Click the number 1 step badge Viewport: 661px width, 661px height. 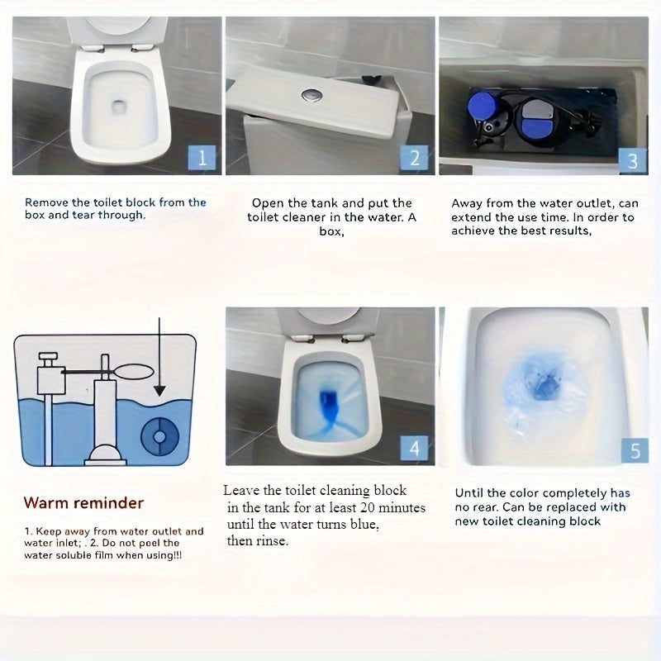[202, 158]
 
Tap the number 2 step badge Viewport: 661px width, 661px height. [415, 158]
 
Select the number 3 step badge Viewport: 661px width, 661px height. [633, 160]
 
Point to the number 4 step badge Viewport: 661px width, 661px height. [415, 448]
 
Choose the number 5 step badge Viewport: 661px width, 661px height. [635, 450]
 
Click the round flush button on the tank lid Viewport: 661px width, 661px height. [312, 95]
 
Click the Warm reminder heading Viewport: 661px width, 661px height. [83, 503]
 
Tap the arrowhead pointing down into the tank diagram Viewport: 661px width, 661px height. [159, 391]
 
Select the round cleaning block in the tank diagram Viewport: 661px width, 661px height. [159, 436]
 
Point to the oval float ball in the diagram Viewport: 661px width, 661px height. [134, 371]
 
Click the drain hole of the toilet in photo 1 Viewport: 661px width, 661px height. [118, 107]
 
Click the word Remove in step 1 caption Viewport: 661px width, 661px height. [46, 202]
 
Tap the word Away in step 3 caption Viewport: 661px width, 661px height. [467, 204]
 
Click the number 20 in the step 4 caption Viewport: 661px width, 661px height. [367, 507]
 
